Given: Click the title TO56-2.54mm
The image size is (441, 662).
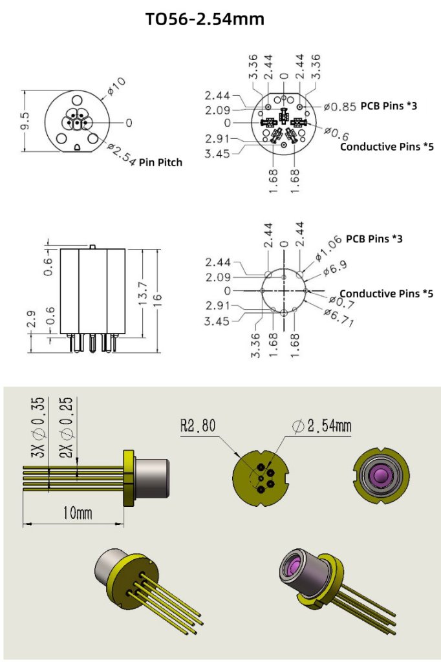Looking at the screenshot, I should coord(205,19).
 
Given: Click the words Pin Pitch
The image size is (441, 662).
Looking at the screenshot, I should coord(160,162).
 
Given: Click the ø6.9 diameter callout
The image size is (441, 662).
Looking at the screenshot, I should coord(333,266).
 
